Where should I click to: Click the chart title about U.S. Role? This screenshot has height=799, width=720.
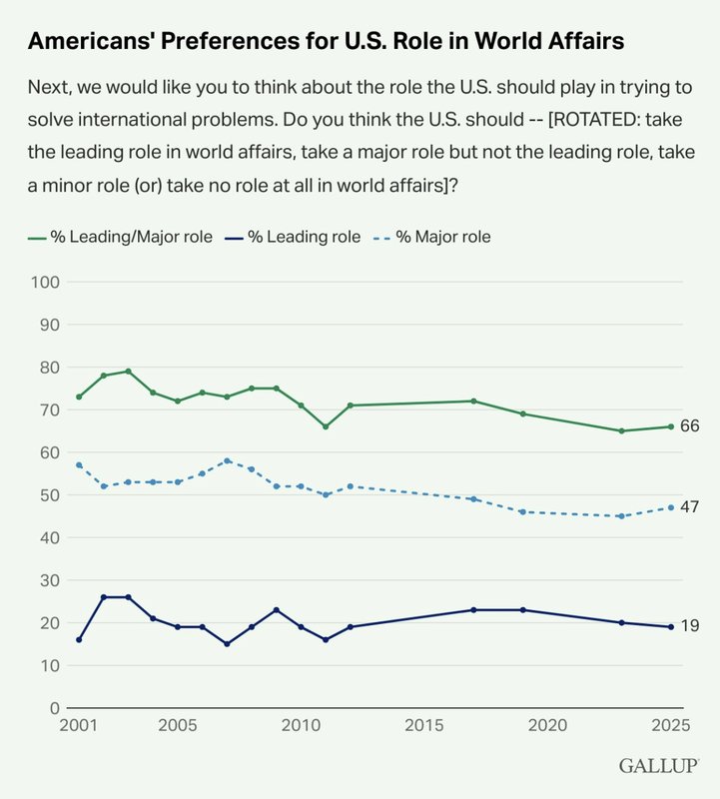click(327, 41)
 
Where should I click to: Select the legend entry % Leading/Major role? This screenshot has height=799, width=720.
click(120, 237)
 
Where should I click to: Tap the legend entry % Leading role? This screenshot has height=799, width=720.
click(299, 237)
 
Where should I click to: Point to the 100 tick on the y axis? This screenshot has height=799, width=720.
click(49, 283)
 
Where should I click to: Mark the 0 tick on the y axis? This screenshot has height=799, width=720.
click(57, 708)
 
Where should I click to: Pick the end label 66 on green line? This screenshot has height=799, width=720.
click(689, 426)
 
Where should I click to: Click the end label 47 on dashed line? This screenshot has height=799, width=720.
click(689, 507)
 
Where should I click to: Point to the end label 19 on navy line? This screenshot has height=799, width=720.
click(689, 626)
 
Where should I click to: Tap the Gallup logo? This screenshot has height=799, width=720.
click(656, 767)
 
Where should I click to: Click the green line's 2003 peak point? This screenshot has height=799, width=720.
click(128, 372)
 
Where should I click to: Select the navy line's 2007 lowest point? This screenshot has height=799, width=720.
click(227, 644)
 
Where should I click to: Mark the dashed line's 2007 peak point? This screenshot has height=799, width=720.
click(227, 460)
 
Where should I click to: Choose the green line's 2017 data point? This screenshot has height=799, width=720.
click(473, 401)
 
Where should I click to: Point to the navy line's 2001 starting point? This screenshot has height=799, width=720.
click(79, 639)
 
